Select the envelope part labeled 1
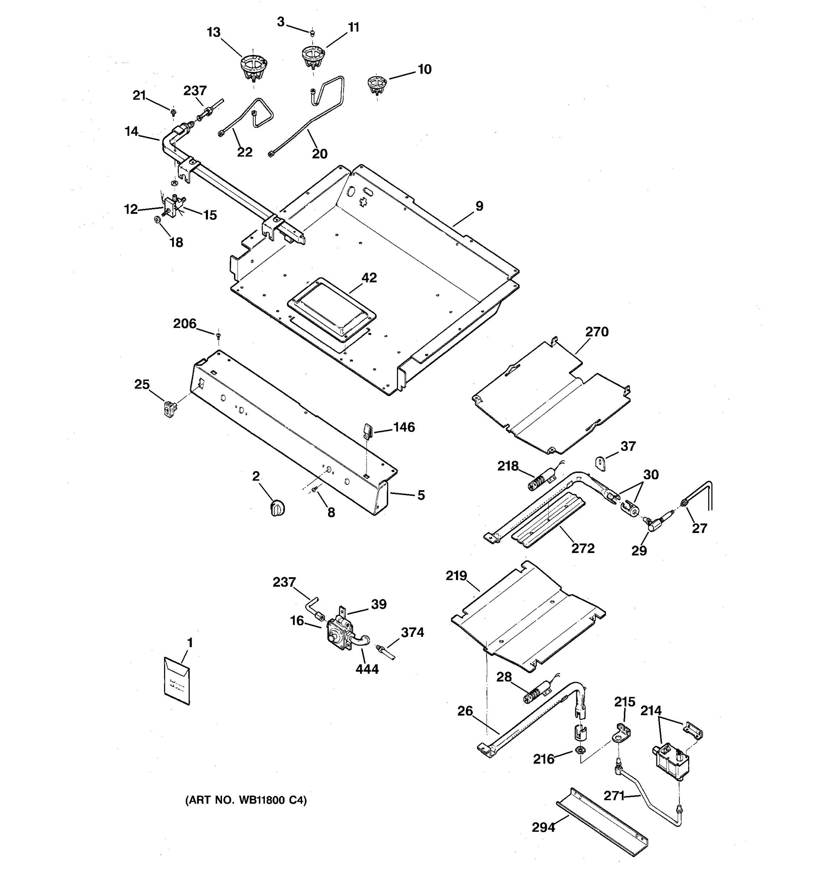coord(177,681)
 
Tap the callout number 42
coord(369,278)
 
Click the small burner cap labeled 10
coord(376,84)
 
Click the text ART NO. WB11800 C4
coord(246,800)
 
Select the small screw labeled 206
coord(218,335)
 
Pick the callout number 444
coord(367,669)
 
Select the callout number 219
coord(456,576)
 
